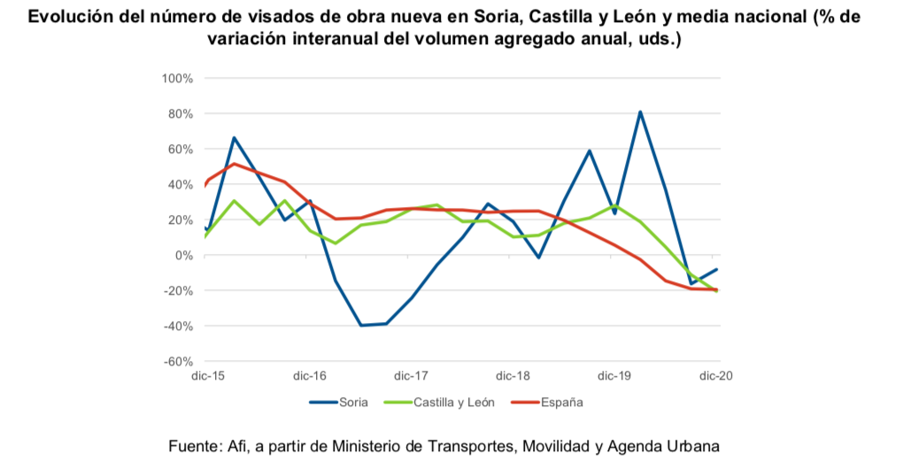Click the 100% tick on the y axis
pyautogui.click(x=177, y=79)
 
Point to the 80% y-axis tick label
pyautogui.click(x=180, y=114)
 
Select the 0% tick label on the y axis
pyautogui.click(x=183, y=256)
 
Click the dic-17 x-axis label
pyautogui.click(x=412, y=376)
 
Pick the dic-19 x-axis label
pyautogui.click(x=614, y=376)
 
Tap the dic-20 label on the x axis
pyautogui.click(x=716, y=376)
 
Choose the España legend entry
pyautogui.click(x=561, y=403)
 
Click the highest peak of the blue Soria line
pyautogui.click(x=640, y=111)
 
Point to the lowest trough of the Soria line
pyautogui.click(x=360, y=326)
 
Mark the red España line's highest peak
pyautogui.click(x=234, y=164)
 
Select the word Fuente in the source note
pyautogui.click(x=191, y=446)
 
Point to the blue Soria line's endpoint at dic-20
pyautogui.click(x=716, y=269)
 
